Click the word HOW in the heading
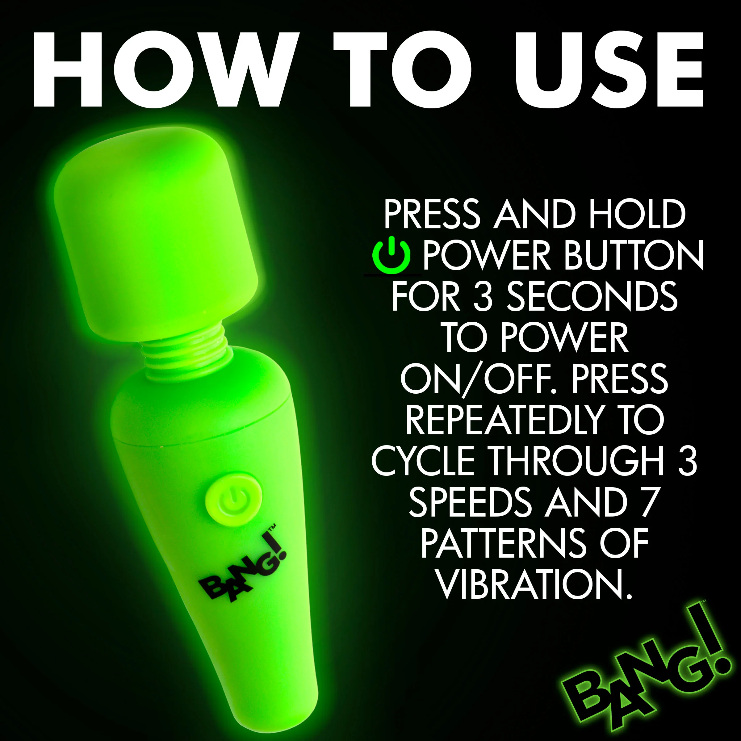tap(166, 69)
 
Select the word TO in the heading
tap(402, 69)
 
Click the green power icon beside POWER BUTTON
tap(391, 255)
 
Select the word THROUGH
tap(577, 461)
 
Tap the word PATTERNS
tap(504, 543)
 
